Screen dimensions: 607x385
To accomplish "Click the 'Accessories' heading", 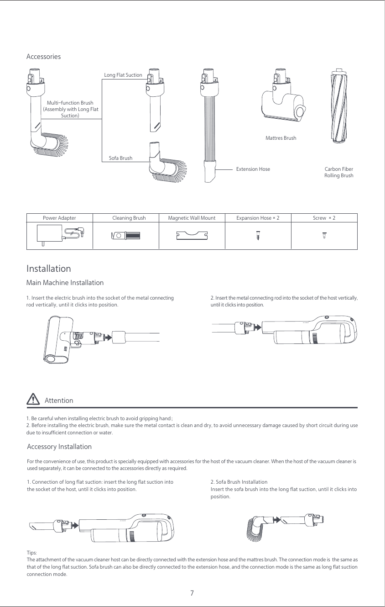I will pos(43,57).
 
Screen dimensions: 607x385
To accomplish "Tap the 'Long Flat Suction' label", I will pos(123,75).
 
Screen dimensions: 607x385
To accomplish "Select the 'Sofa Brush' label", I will pos(120,158).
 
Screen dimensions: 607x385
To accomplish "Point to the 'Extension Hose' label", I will pos(253,169).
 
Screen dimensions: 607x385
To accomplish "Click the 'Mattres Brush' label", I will pos(281,138).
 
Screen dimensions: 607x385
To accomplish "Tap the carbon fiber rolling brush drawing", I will pos(338,107).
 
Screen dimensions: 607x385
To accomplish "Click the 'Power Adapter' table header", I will pos(59,218).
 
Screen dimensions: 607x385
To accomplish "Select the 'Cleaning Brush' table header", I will pos(129,218).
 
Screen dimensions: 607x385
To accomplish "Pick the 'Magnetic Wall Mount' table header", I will pos(192,218).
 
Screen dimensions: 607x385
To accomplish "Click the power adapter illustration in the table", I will pos(59,235).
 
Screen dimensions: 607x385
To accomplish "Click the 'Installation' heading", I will pos(48,268).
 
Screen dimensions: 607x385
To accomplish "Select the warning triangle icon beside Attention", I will pos(33,399).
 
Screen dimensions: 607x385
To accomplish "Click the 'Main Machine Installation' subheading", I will pos(65,283).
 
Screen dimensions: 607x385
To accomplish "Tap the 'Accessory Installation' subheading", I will pos(59,447).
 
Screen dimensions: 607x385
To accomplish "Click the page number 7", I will pos(192,593).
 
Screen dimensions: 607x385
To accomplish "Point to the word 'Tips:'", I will pos(32,553).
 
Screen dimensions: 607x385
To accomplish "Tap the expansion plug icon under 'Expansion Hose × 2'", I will pos(258,235).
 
